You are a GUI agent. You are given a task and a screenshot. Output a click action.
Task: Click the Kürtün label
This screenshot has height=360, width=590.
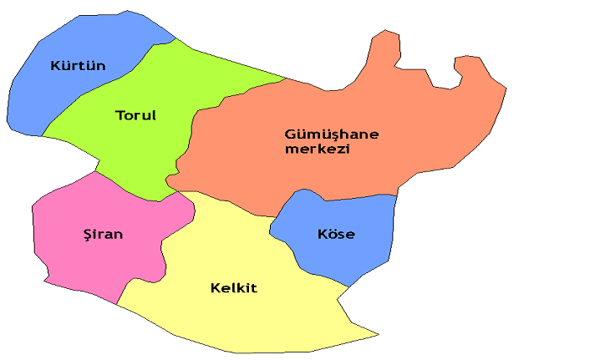(78, 65)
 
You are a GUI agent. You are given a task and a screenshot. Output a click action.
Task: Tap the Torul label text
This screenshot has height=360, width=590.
(136, 115)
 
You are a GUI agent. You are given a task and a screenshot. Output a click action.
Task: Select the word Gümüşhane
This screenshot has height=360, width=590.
(332, 134)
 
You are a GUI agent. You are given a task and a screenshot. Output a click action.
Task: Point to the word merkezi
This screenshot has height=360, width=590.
(317, 150)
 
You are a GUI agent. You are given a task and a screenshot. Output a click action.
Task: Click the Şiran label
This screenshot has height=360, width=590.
(103, 234)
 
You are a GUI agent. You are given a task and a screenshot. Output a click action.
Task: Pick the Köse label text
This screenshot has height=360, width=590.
(336, 234)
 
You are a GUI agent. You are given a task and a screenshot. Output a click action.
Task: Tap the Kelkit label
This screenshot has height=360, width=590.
(233, 288)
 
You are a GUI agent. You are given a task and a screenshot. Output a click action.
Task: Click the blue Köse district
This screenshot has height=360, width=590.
(351, 255)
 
